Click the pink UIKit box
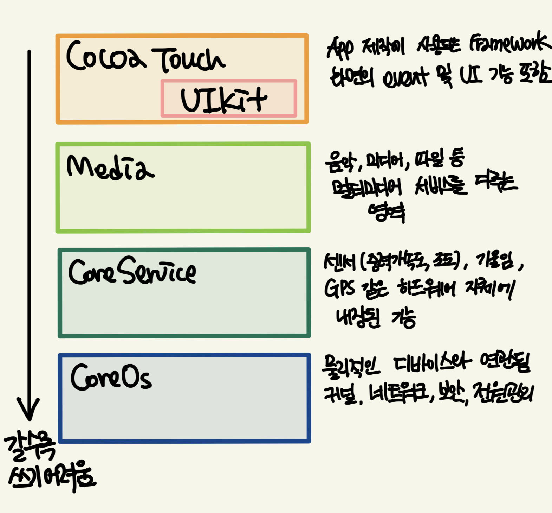click(x=229, y=99)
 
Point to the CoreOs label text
click(x=111, y=377)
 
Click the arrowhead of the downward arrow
click(x=28, y=410)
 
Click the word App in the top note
click(x=340, y=48)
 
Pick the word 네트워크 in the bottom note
click(x=399, y=393)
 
